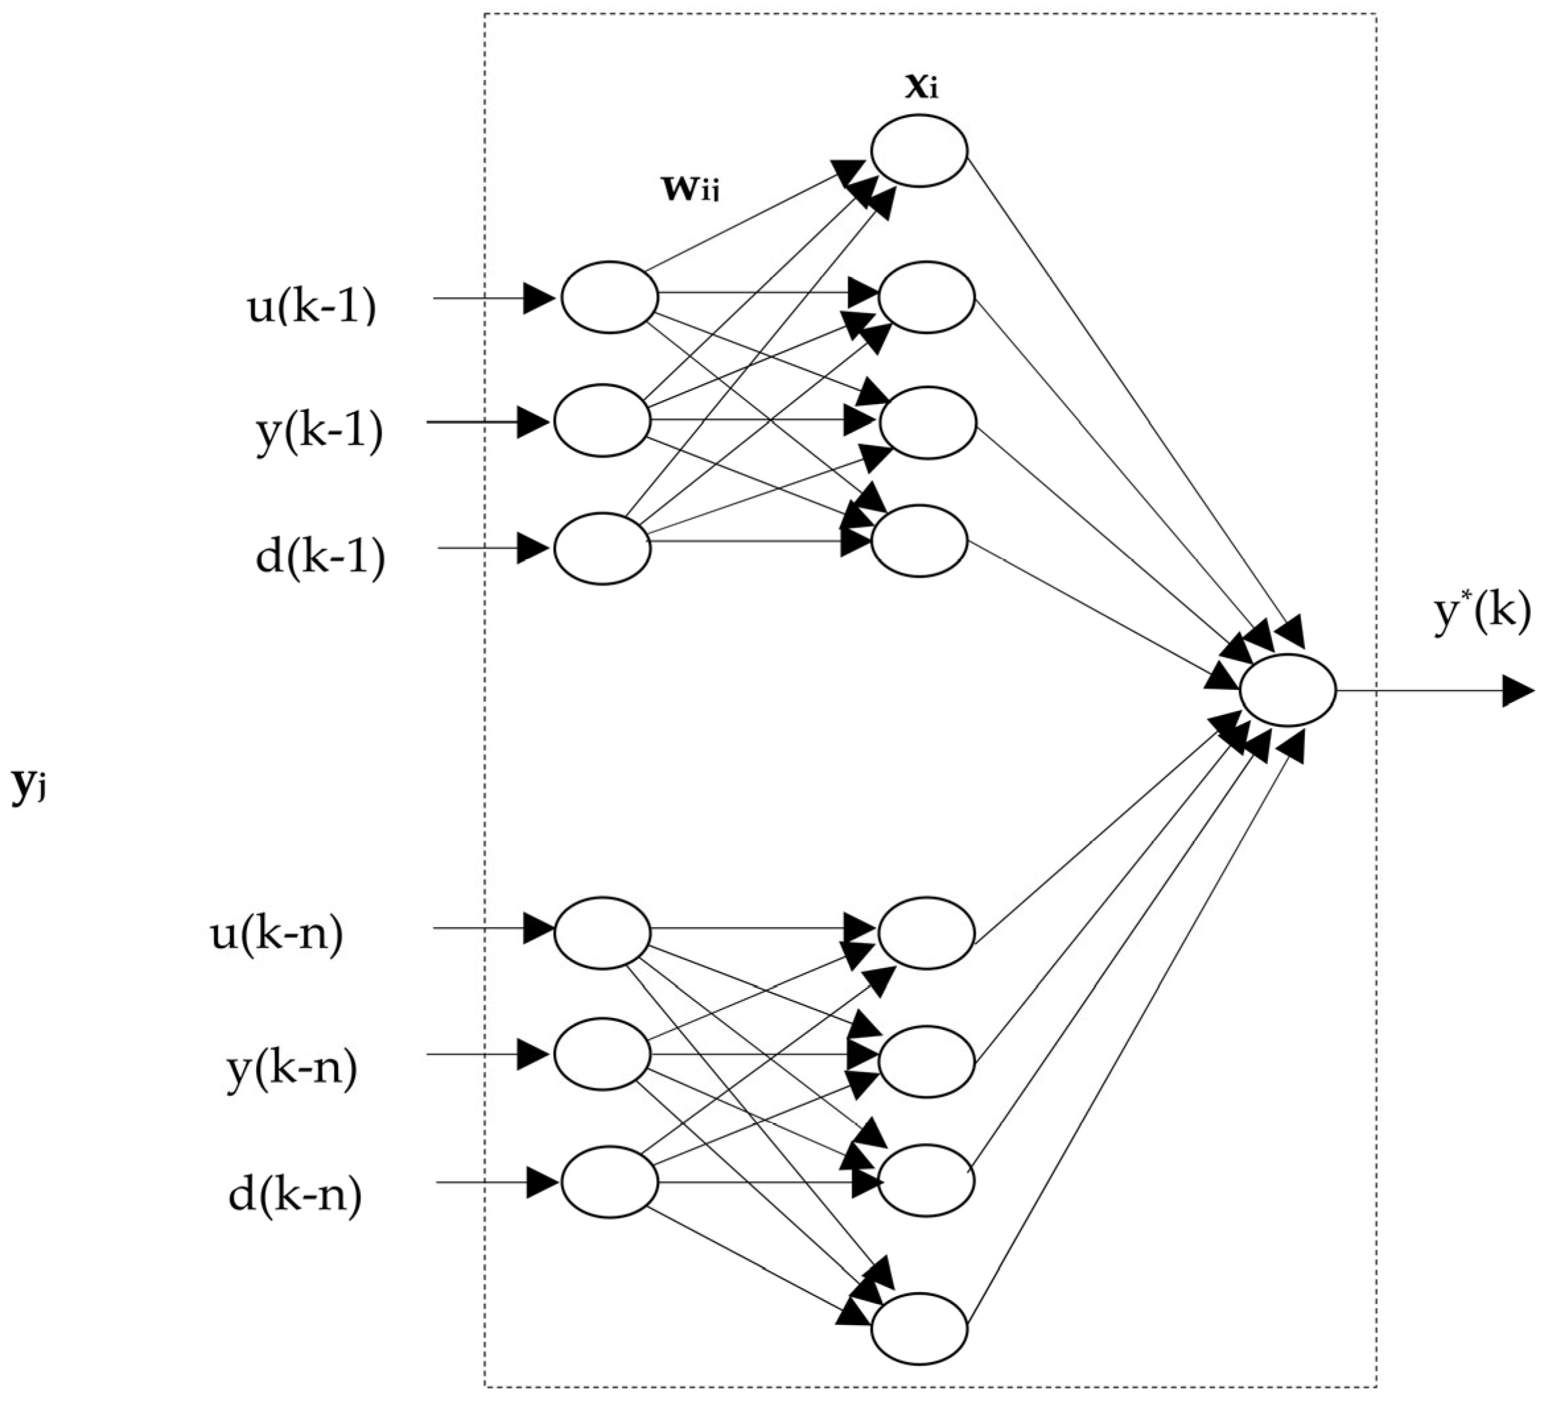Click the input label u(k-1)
(x=311, y=307)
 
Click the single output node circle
(x=1287, y=690)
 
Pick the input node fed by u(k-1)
(x=610, y=297)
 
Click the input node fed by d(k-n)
(x=610, y=1182)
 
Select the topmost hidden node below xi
(x=918, y=150)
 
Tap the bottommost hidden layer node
(x=919, y=1329)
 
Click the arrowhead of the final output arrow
(x=1517, y=691)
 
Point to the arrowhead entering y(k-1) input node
(x=533, y=422)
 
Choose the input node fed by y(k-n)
(x=603, y=1054)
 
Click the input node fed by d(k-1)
(x=603, y=549)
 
